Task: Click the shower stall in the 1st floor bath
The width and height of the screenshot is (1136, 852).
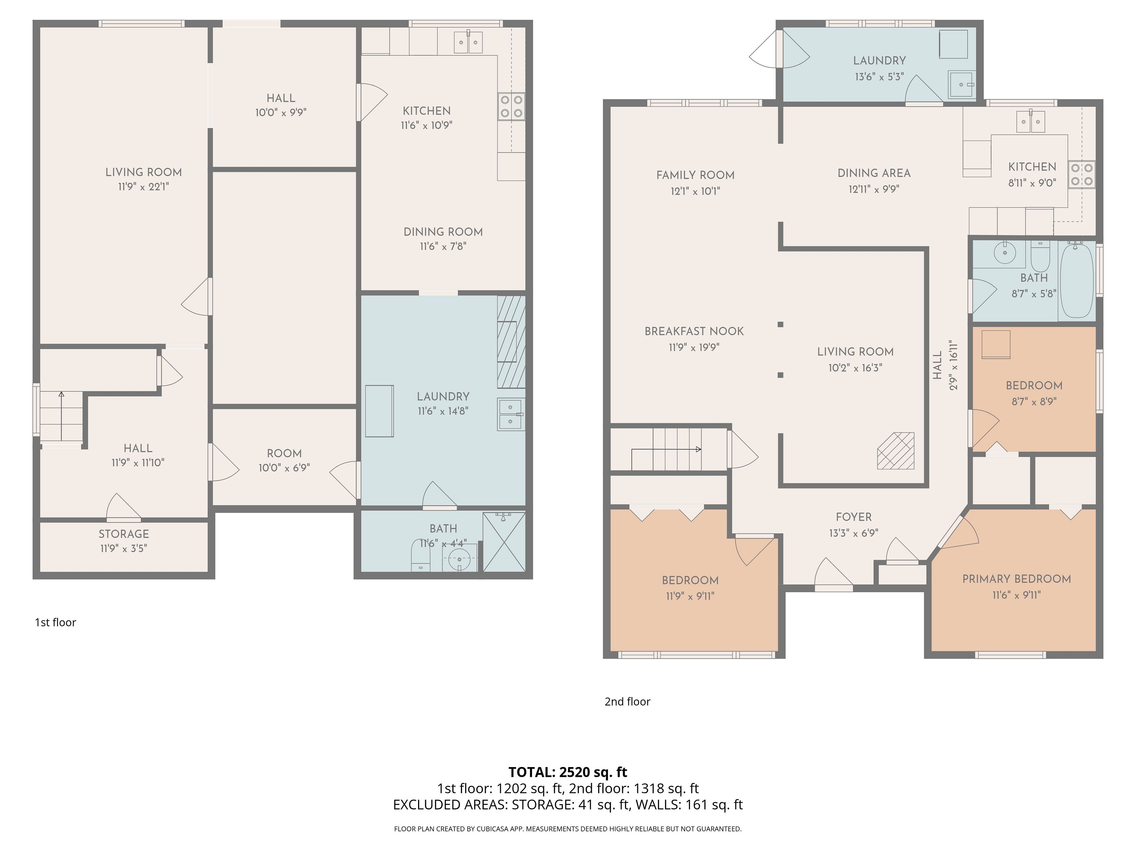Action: click(504, 542)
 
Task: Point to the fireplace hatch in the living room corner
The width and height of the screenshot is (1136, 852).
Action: click(896, 450)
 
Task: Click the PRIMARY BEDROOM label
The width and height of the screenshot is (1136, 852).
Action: click(1016, 579)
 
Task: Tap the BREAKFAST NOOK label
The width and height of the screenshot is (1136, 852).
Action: click(694, 331)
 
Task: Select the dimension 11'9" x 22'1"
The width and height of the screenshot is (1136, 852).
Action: click(143, 186)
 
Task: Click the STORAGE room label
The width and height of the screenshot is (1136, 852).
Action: click(124, 534)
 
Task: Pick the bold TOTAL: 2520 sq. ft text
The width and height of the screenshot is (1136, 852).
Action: click(567, 772)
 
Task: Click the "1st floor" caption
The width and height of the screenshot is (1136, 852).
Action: click(55, 622)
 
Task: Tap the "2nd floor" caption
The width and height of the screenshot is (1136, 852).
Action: click(627, 701)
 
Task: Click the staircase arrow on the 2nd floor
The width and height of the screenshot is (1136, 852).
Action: click(666, 449)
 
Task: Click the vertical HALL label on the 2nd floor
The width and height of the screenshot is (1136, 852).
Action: click(938, 365)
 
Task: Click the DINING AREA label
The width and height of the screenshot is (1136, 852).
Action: click(874, 173)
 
